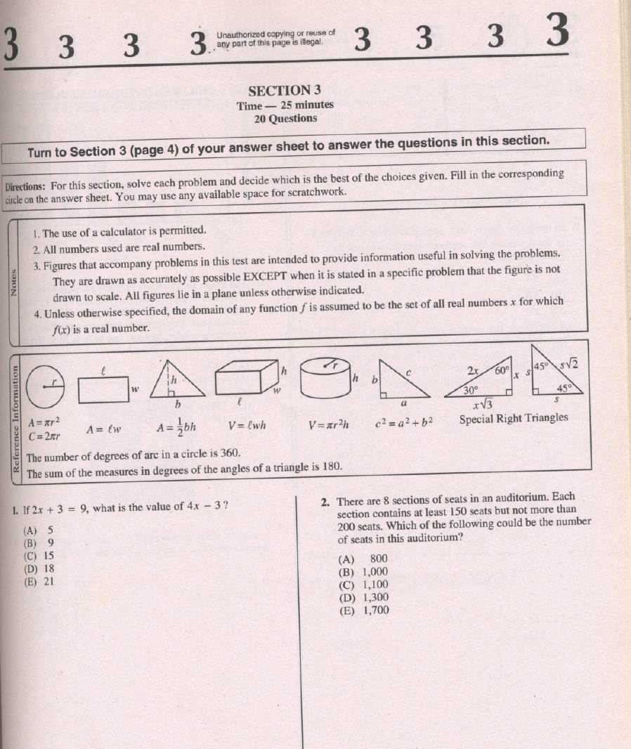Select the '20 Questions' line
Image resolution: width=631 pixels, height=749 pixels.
point(285,119)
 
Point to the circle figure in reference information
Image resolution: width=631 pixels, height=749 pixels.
point(45,385)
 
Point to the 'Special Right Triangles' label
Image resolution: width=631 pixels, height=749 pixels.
point(514,419)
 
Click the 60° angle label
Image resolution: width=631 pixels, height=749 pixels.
point(503,371)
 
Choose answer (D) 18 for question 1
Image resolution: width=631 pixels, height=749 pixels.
point(39,568)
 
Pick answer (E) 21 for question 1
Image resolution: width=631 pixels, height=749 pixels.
point(39,581)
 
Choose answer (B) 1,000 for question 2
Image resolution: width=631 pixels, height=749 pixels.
point(363,572)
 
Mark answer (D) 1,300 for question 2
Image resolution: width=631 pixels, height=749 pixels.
point(363,597)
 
